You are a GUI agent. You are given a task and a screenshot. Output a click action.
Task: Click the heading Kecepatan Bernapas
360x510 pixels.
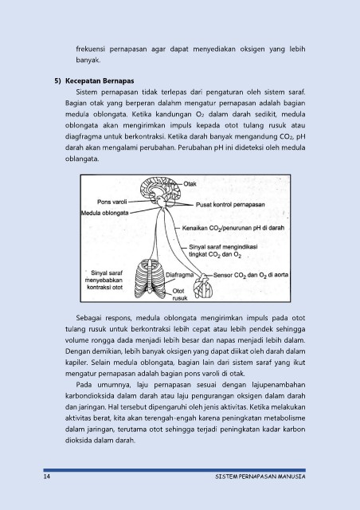(x=100, y=81)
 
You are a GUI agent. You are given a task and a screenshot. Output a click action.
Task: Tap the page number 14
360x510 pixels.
(x=46, y=477)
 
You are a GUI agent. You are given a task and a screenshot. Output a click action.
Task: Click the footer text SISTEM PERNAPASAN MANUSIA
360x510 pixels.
(x=260, y=477)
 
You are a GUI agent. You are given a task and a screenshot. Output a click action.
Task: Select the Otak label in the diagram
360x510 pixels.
(x=190, y=184)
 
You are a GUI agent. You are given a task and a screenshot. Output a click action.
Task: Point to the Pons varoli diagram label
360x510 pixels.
(x=112, y=202)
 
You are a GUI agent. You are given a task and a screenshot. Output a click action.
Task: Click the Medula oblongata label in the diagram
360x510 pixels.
(x=104, y=214)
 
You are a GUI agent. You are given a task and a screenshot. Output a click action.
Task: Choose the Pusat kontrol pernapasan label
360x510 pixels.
(x=230, y=205)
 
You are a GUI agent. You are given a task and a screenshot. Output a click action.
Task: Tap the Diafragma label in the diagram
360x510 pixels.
(x=179, y=275)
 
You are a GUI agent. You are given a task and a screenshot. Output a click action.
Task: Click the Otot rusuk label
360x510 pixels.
(x=178, y=294)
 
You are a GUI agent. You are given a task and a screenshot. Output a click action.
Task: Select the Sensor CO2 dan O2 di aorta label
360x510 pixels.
(x=251, y=275)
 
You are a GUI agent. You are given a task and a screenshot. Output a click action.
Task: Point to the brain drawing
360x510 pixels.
(x=159, y=190)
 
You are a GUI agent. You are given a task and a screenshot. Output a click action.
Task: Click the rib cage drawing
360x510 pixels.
(x=150, y=279)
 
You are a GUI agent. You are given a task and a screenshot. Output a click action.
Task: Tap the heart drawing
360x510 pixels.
(x=203, y=286)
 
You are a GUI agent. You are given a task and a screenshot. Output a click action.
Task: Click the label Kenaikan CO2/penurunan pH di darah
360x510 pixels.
(x=233, y=229)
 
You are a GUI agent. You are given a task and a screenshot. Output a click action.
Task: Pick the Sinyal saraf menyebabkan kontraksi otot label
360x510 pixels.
(x=104, y=280)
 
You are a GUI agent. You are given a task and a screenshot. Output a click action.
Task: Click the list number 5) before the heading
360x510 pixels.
(x=57, y=81)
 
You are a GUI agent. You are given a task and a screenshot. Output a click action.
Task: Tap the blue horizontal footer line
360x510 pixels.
(x=174, y=470)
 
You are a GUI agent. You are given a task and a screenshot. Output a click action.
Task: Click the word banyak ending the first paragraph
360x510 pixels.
(x=88, y=61)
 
